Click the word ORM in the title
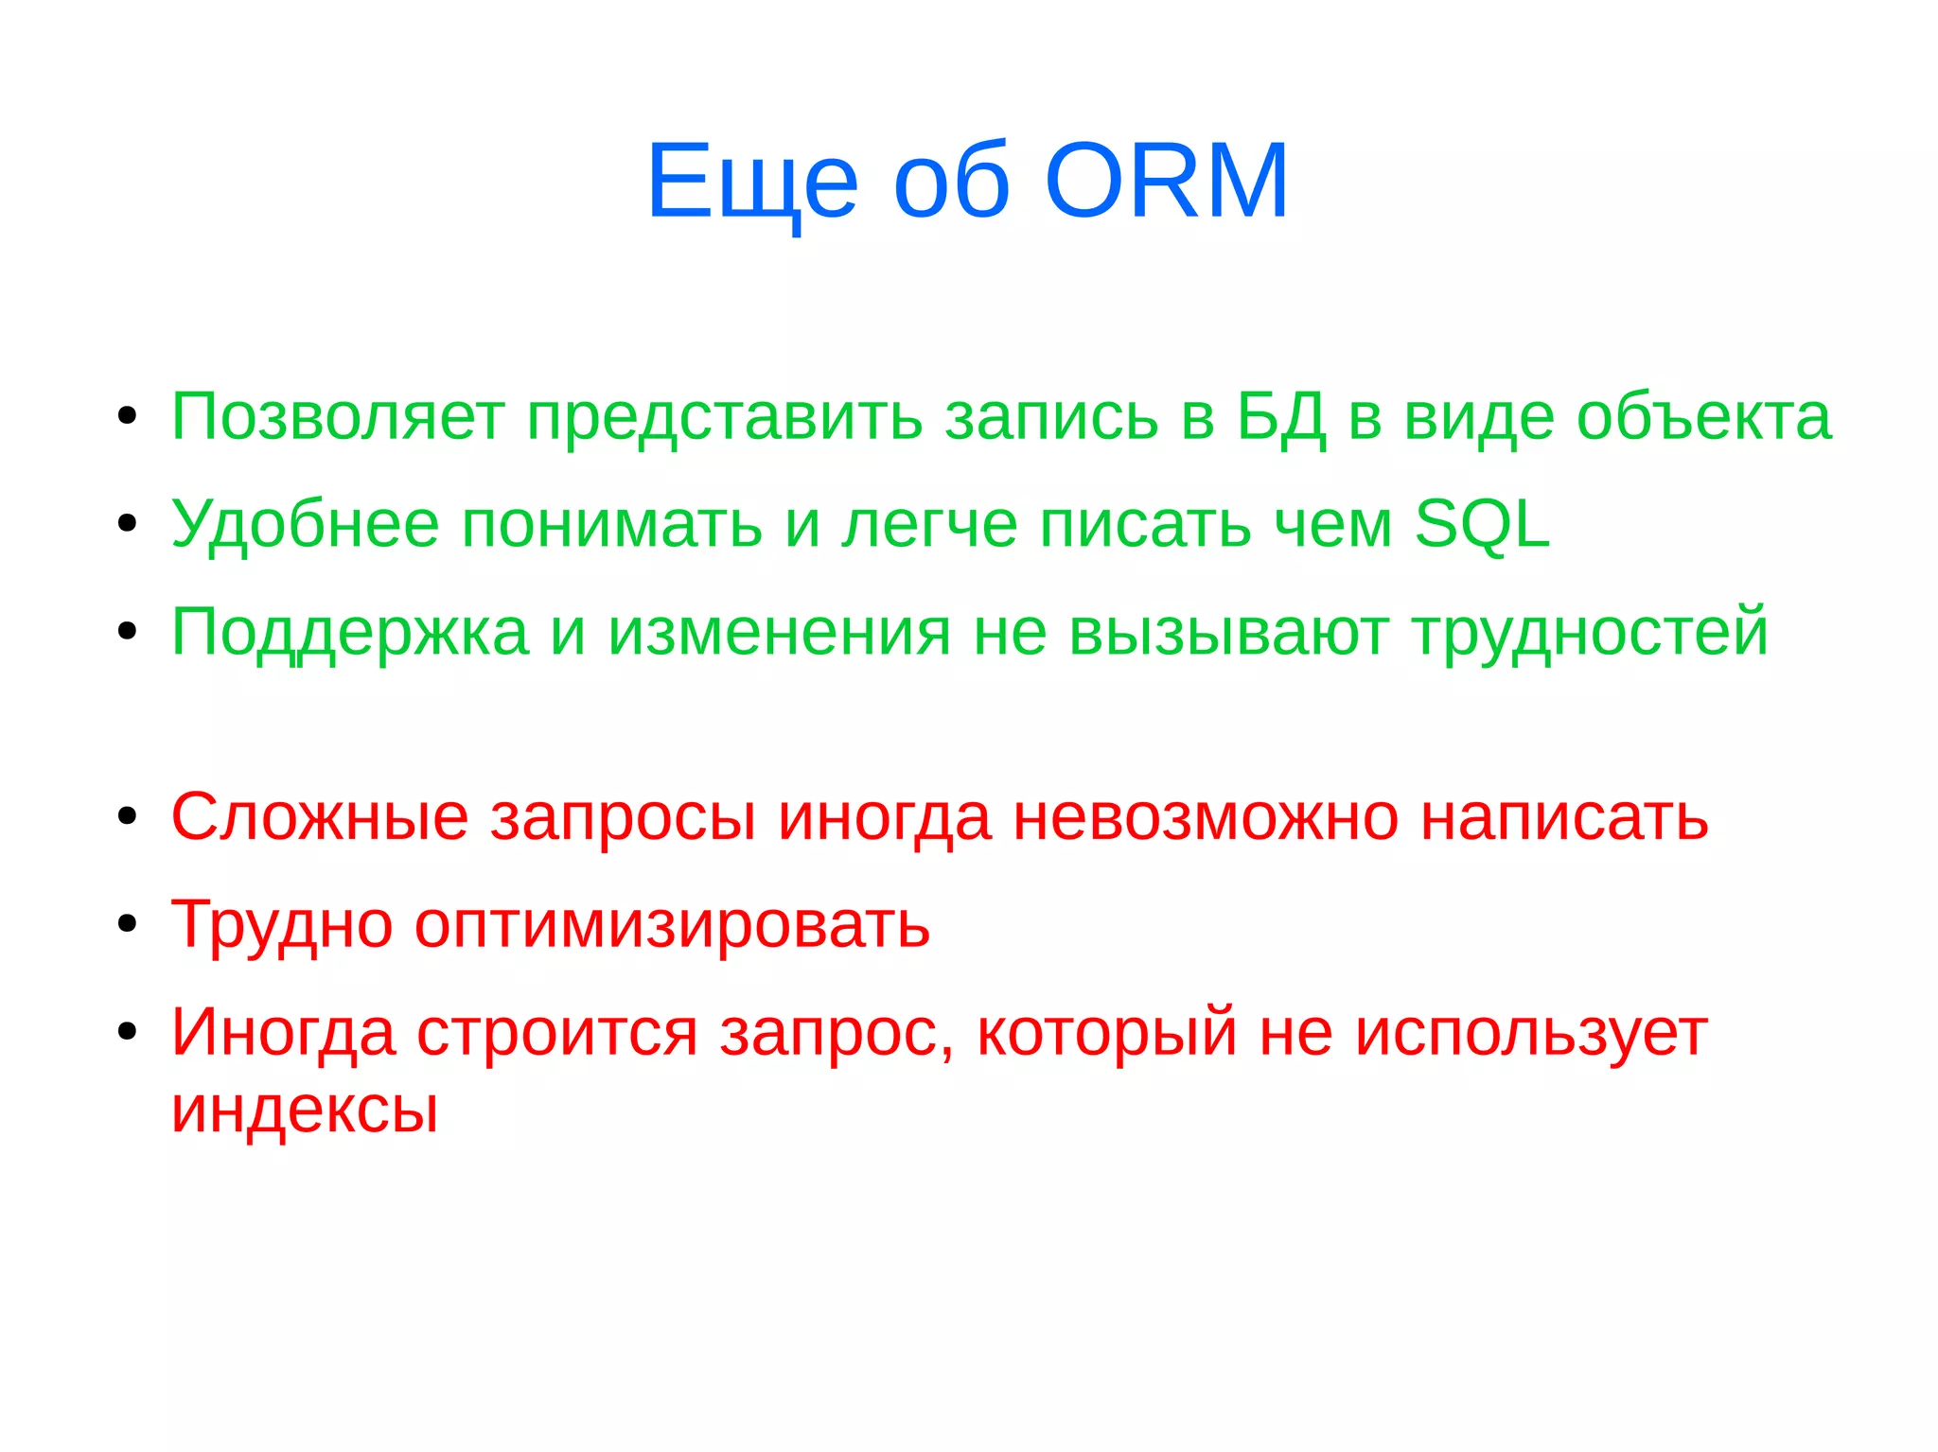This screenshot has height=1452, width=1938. [1166, 181]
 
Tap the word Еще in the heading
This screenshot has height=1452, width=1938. [752, 181]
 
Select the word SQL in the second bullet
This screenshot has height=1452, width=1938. [1482, 524]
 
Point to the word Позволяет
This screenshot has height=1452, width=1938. [337, 417]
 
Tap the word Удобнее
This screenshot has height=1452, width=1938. [305, 524]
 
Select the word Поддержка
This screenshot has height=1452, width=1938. [349, 632]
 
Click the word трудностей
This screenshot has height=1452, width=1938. [1590, 632]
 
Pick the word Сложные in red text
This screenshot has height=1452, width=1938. [320, 816]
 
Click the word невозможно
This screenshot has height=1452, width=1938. [1206, 816]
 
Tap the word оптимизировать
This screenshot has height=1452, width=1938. [672, 924]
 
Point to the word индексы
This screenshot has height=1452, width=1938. [305, 1109]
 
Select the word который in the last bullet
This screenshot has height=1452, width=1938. [1107, 1032]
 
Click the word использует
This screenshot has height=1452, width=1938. [1531, 1032]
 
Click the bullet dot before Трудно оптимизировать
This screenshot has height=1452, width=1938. [128, 923]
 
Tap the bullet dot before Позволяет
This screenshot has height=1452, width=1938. [128, 416]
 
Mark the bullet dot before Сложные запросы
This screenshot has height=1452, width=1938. [128, 815]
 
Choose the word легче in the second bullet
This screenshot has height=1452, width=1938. [929, 524]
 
